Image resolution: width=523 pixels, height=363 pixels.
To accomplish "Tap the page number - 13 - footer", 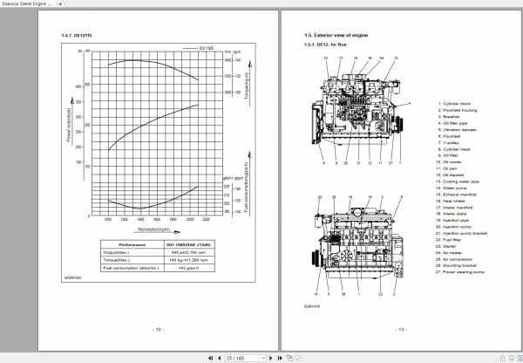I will coord(401,329).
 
